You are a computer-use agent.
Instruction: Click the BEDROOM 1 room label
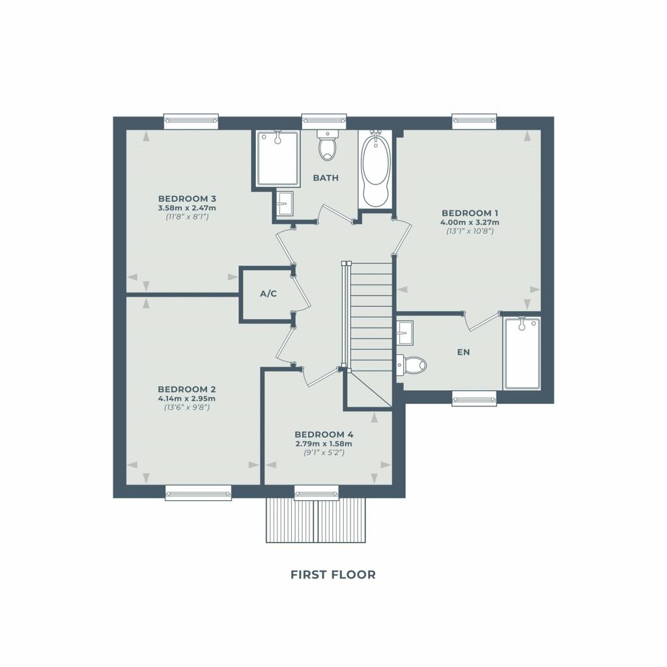click(470, 213)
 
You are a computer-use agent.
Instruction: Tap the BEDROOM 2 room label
click(187, 390)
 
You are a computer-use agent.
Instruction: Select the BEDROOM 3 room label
click(187, 199)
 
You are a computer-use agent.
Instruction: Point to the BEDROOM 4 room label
click(324, 434)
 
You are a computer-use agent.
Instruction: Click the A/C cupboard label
click(268, 294)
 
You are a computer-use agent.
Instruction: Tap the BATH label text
click(326, 178)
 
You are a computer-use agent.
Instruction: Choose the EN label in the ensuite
click(464, 352)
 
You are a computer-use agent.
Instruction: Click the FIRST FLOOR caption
click(333, 575)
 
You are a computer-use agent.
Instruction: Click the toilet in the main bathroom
click(327, 145)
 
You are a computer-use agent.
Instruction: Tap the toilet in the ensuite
click(412, 365)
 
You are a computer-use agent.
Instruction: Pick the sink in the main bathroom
click(284, 203)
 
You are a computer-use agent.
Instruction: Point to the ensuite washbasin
click(404, 332)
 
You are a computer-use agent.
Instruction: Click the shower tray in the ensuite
click(522, 353)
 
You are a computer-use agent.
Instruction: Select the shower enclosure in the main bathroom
click(277, 158)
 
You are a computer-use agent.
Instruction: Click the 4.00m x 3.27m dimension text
click(470, 223)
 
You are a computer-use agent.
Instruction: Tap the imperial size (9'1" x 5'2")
click(324, 453)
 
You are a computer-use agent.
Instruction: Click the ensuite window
click(474, 399)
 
